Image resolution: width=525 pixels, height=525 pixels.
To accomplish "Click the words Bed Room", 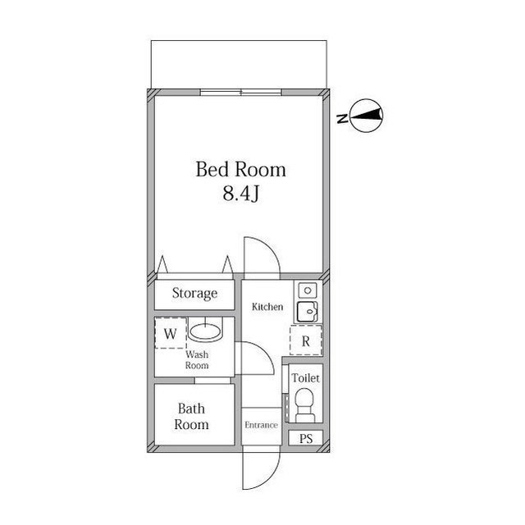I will tap(240, 170).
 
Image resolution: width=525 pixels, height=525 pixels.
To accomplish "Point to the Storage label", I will tap(194, 293).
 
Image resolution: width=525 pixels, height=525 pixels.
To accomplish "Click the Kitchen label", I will tap(267, 307).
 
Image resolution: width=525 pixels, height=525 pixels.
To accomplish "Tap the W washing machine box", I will tap(171, 334).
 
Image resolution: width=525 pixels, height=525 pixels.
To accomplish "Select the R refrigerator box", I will tap(305, 340).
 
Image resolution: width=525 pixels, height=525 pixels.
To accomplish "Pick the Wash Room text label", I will tap(196, 360).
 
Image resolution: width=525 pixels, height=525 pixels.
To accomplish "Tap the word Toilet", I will tap(305, 378).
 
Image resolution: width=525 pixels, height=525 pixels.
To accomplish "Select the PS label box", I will tap(305, 438).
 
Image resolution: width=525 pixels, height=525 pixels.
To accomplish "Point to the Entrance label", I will tap(261, 425).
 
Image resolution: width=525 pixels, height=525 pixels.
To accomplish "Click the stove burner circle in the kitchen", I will tap(306, 290).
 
